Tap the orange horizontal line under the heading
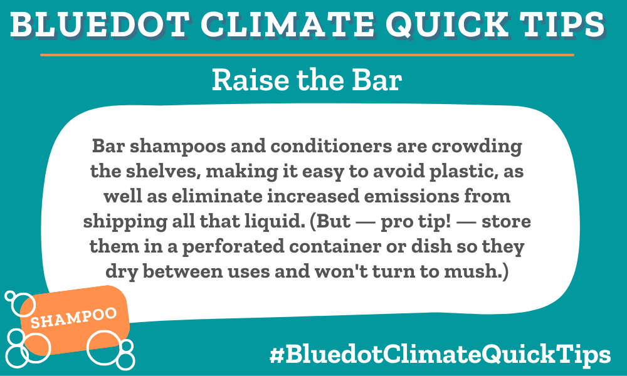307,55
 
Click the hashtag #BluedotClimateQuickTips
440,355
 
